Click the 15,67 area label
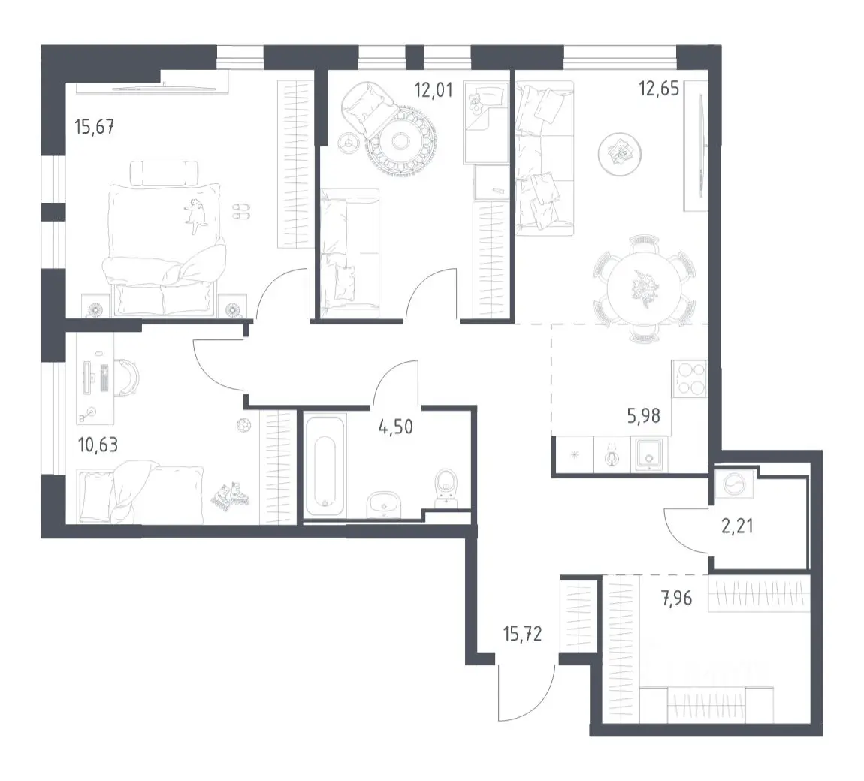[x=94, y=127]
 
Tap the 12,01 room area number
[x=434, y=89]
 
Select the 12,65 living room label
[x=658, y=88]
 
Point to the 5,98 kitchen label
[x=644, y=416]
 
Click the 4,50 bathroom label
[x=396, y=427]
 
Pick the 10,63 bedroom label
[x=98, y=445]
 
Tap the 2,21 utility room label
[x=737, y=526]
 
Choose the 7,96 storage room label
[x=677, y=598]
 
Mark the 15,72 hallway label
[x=522, y=634]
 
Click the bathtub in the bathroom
[x=325, y=466]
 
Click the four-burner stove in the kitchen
[x=690, y=379]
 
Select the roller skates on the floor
[x=230, y=494]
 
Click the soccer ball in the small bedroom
[x=243, y=425]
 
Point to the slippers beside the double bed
[x=240, y=212]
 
